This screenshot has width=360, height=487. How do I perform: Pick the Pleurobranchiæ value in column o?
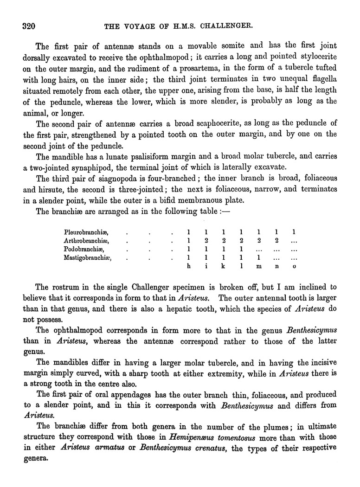point(294,231)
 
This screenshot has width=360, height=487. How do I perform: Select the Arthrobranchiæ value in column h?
point(188,240)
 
